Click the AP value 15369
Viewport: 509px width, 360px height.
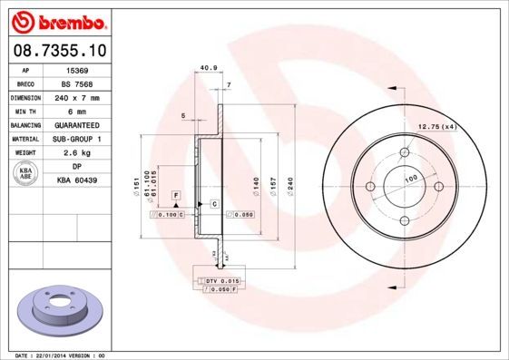click(78, 69)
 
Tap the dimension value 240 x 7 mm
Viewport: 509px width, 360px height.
click(78, 96)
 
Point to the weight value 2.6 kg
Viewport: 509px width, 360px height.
click(78, 153)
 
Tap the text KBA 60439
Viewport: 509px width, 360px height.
click(78, 181)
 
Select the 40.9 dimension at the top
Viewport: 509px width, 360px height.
click(207, 67)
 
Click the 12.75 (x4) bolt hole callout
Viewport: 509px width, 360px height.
click(436, 127)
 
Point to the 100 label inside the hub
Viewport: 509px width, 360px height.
click(410, 179)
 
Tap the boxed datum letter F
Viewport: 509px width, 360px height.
click(176, 196)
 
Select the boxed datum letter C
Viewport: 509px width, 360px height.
click(214, 204)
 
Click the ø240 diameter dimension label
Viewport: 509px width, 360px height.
click(289, 184)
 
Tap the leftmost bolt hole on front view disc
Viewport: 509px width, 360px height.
click(370, 187)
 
